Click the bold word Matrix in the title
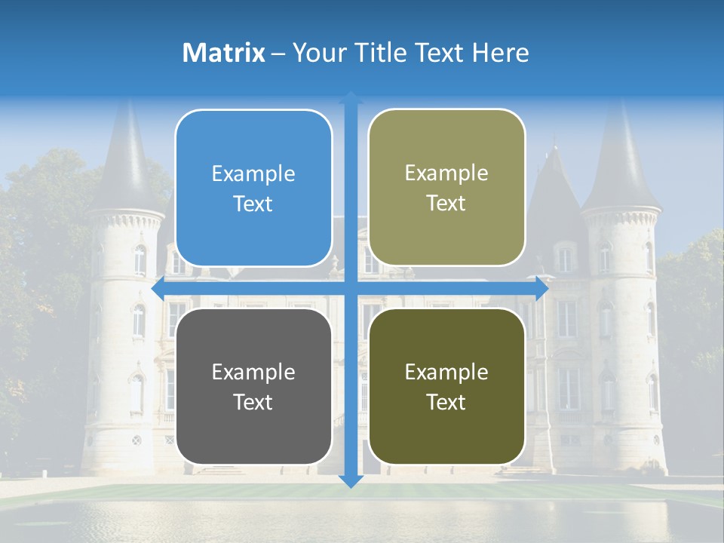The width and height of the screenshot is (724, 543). click(x=224, y=53)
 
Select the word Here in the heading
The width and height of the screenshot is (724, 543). click(x=500, y=53)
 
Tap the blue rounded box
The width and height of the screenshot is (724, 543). click(x=253, y=189)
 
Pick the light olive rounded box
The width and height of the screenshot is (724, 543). click(x=446, y=188)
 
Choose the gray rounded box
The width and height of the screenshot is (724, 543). click(x=253, y=386)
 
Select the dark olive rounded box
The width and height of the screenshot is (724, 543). click(x=446, y=386)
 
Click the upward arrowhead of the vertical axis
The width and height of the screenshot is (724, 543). click(x=351, y=97)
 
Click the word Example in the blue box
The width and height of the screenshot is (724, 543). click(x=253, y=174)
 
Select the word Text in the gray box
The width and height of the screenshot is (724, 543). click(x=253, y=403)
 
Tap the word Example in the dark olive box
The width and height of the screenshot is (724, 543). click(x=446, y=372)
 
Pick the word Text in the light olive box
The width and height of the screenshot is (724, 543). click(x=446, y=204)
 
